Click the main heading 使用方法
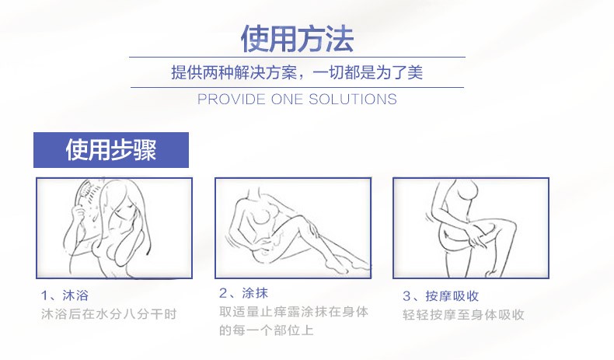[297, 37]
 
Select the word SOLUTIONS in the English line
[353, 100]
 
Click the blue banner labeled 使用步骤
[111, 150]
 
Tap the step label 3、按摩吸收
[440, 296]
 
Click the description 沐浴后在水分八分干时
[109, 315]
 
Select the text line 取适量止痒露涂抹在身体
[293, 312]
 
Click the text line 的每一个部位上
[266, 330]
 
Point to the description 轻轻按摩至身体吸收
[463, 315]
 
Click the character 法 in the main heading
[339, 37]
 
